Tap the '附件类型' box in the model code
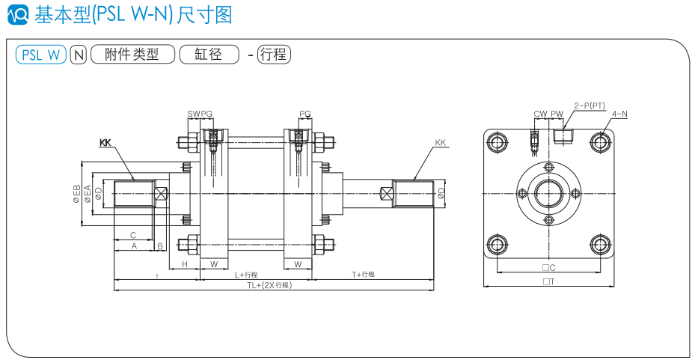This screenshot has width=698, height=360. click(132, 55)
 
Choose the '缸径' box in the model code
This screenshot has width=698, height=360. click(208, 55)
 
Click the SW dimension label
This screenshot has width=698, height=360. click(193, 114)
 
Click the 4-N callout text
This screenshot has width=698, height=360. click(619, 114)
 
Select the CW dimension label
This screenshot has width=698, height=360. click(540, 114)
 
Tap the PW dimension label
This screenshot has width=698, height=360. click(557, 114)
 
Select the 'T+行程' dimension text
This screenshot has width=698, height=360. click(362, 275)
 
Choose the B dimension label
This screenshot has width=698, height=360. click(159, 245)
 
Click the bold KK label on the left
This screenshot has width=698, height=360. click(105, 142)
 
